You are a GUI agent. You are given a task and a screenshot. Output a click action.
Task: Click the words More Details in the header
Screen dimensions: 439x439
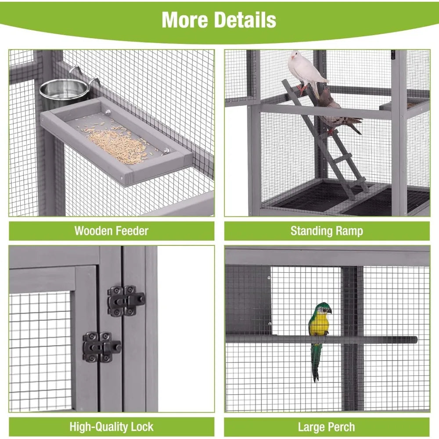point(219,20)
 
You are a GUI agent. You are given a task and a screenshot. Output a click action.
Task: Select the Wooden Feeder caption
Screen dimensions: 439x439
point(112,231)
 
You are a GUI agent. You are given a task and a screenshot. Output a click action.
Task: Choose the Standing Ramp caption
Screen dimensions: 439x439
point(327,231)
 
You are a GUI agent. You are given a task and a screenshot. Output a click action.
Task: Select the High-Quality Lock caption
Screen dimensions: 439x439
point(112,426)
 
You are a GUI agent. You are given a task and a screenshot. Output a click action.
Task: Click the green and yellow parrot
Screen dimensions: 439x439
point(320,327)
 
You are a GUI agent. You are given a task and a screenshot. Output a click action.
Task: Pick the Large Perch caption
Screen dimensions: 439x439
point(327,426)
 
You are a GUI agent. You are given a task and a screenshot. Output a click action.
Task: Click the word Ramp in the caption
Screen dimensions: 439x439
point(349,231)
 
